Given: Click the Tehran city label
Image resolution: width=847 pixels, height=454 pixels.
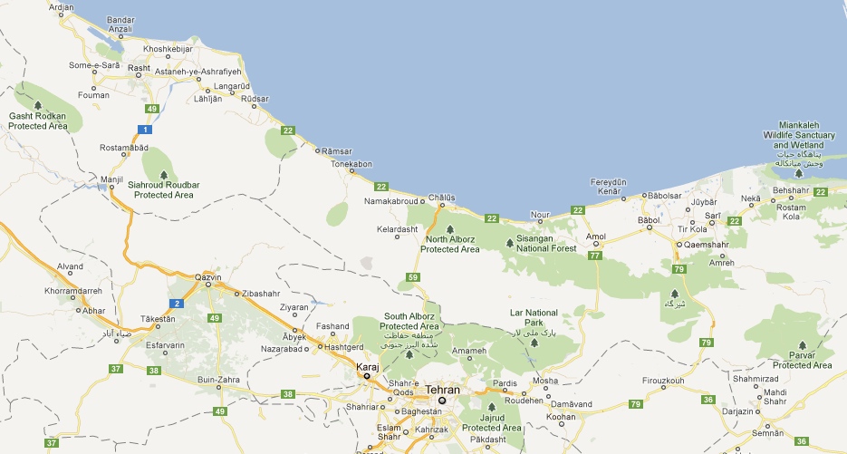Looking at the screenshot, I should tap(442, 390).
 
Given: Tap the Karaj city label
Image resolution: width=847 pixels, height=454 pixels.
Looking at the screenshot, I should tap(367, 366).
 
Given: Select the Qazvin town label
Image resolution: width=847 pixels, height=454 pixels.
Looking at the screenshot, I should tap(208, 276).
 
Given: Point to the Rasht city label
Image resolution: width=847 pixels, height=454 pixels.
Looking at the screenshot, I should tap(139, 67).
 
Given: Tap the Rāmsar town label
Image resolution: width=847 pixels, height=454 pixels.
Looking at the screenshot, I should tap(336, 150).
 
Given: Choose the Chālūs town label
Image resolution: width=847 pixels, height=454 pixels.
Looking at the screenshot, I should tap(441, 197).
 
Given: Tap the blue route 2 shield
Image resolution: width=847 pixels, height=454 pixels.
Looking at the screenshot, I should tap(178, 303).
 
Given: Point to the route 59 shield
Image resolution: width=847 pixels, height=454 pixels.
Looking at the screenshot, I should tap(413, 276).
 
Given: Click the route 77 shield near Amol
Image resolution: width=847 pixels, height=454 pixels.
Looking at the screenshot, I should tap(594, 256).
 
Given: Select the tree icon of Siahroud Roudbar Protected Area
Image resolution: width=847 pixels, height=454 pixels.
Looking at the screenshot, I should tap(164, 173).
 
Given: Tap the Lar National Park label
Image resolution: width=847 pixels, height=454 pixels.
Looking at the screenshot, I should tap(534, 317).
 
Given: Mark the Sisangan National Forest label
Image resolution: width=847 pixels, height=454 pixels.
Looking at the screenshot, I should tap(545, 243).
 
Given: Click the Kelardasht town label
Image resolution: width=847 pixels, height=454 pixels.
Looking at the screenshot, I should tap(398, 229).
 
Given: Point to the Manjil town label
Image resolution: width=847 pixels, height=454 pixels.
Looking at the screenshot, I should tap(111, 179).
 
